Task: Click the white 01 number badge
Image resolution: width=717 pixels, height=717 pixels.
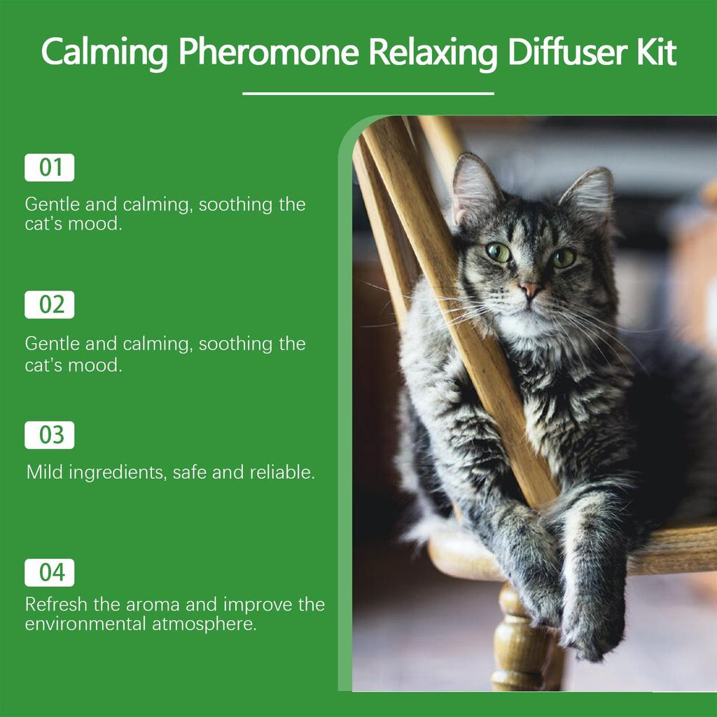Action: coord(50,168)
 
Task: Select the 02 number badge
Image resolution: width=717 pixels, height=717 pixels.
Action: coord(50,305)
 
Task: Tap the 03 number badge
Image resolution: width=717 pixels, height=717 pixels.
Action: coord(50,435)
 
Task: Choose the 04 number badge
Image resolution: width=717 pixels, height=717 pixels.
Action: coord(50,573)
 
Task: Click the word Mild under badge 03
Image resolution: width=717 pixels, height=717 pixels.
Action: coord(43,472)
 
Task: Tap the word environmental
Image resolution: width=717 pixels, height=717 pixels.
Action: coord(85,623)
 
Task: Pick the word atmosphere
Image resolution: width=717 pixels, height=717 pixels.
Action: coord(204,623)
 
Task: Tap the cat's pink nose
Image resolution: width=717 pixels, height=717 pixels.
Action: coord(529,288)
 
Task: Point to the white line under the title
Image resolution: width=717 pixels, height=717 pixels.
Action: coord(368,93)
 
